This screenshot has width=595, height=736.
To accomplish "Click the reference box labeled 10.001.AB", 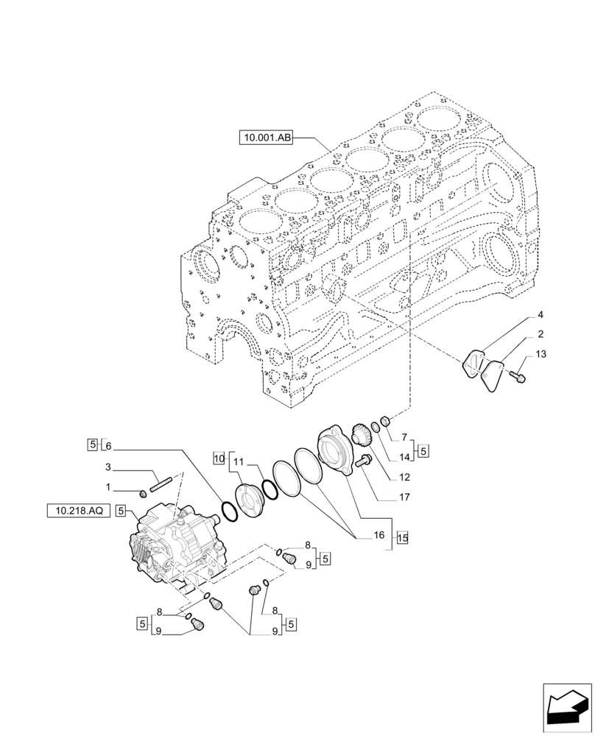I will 266,137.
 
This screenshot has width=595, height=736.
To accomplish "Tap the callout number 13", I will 541,355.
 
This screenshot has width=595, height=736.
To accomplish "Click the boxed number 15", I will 401,537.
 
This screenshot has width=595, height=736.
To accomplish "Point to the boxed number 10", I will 218,457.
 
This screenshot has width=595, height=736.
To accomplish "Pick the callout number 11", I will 238,461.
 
